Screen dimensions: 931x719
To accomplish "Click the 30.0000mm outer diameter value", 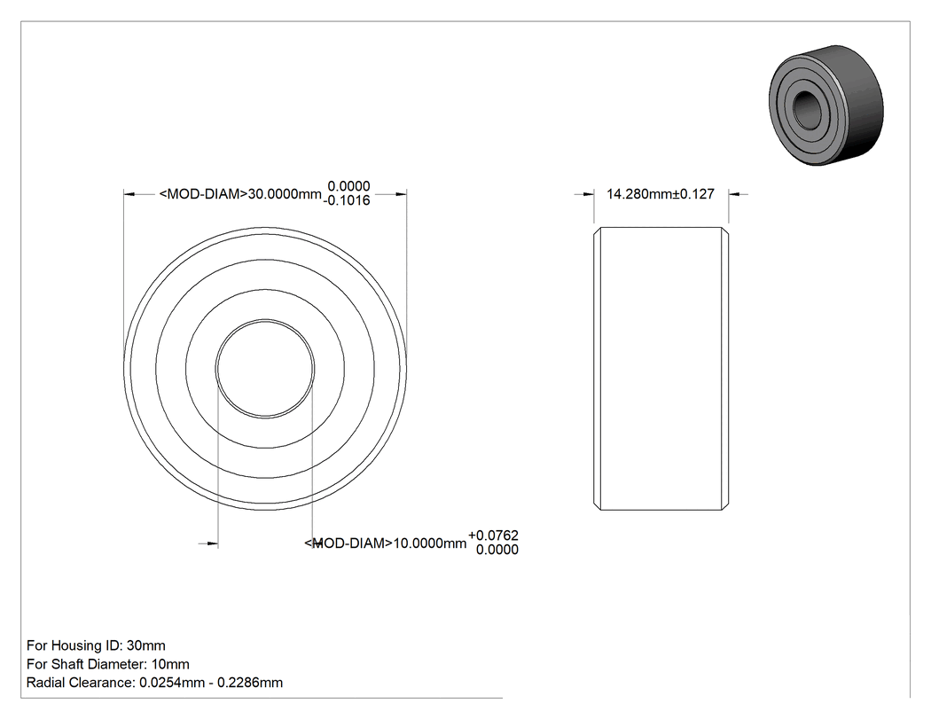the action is tap(285, 194).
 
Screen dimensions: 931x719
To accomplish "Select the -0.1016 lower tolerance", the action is tap(347, 200).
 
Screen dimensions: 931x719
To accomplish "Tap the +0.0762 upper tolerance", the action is tap(493, 535).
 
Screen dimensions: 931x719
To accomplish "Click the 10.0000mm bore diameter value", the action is tap(430, 543).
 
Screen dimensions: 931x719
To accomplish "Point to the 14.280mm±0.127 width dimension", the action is tap(661, 194).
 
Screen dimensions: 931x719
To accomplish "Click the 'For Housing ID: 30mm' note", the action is tap(96, 645).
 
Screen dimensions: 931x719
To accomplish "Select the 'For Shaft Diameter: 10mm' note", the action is tap(108, 664).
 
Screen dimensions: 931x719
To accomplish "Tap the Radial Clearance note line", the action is tap(155, 683).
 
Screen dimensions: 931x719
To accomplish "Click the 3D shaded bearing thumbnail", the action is tap(825, 106).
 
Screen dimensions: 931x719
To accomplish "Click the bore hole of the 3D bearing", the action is tap(807, 110).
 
